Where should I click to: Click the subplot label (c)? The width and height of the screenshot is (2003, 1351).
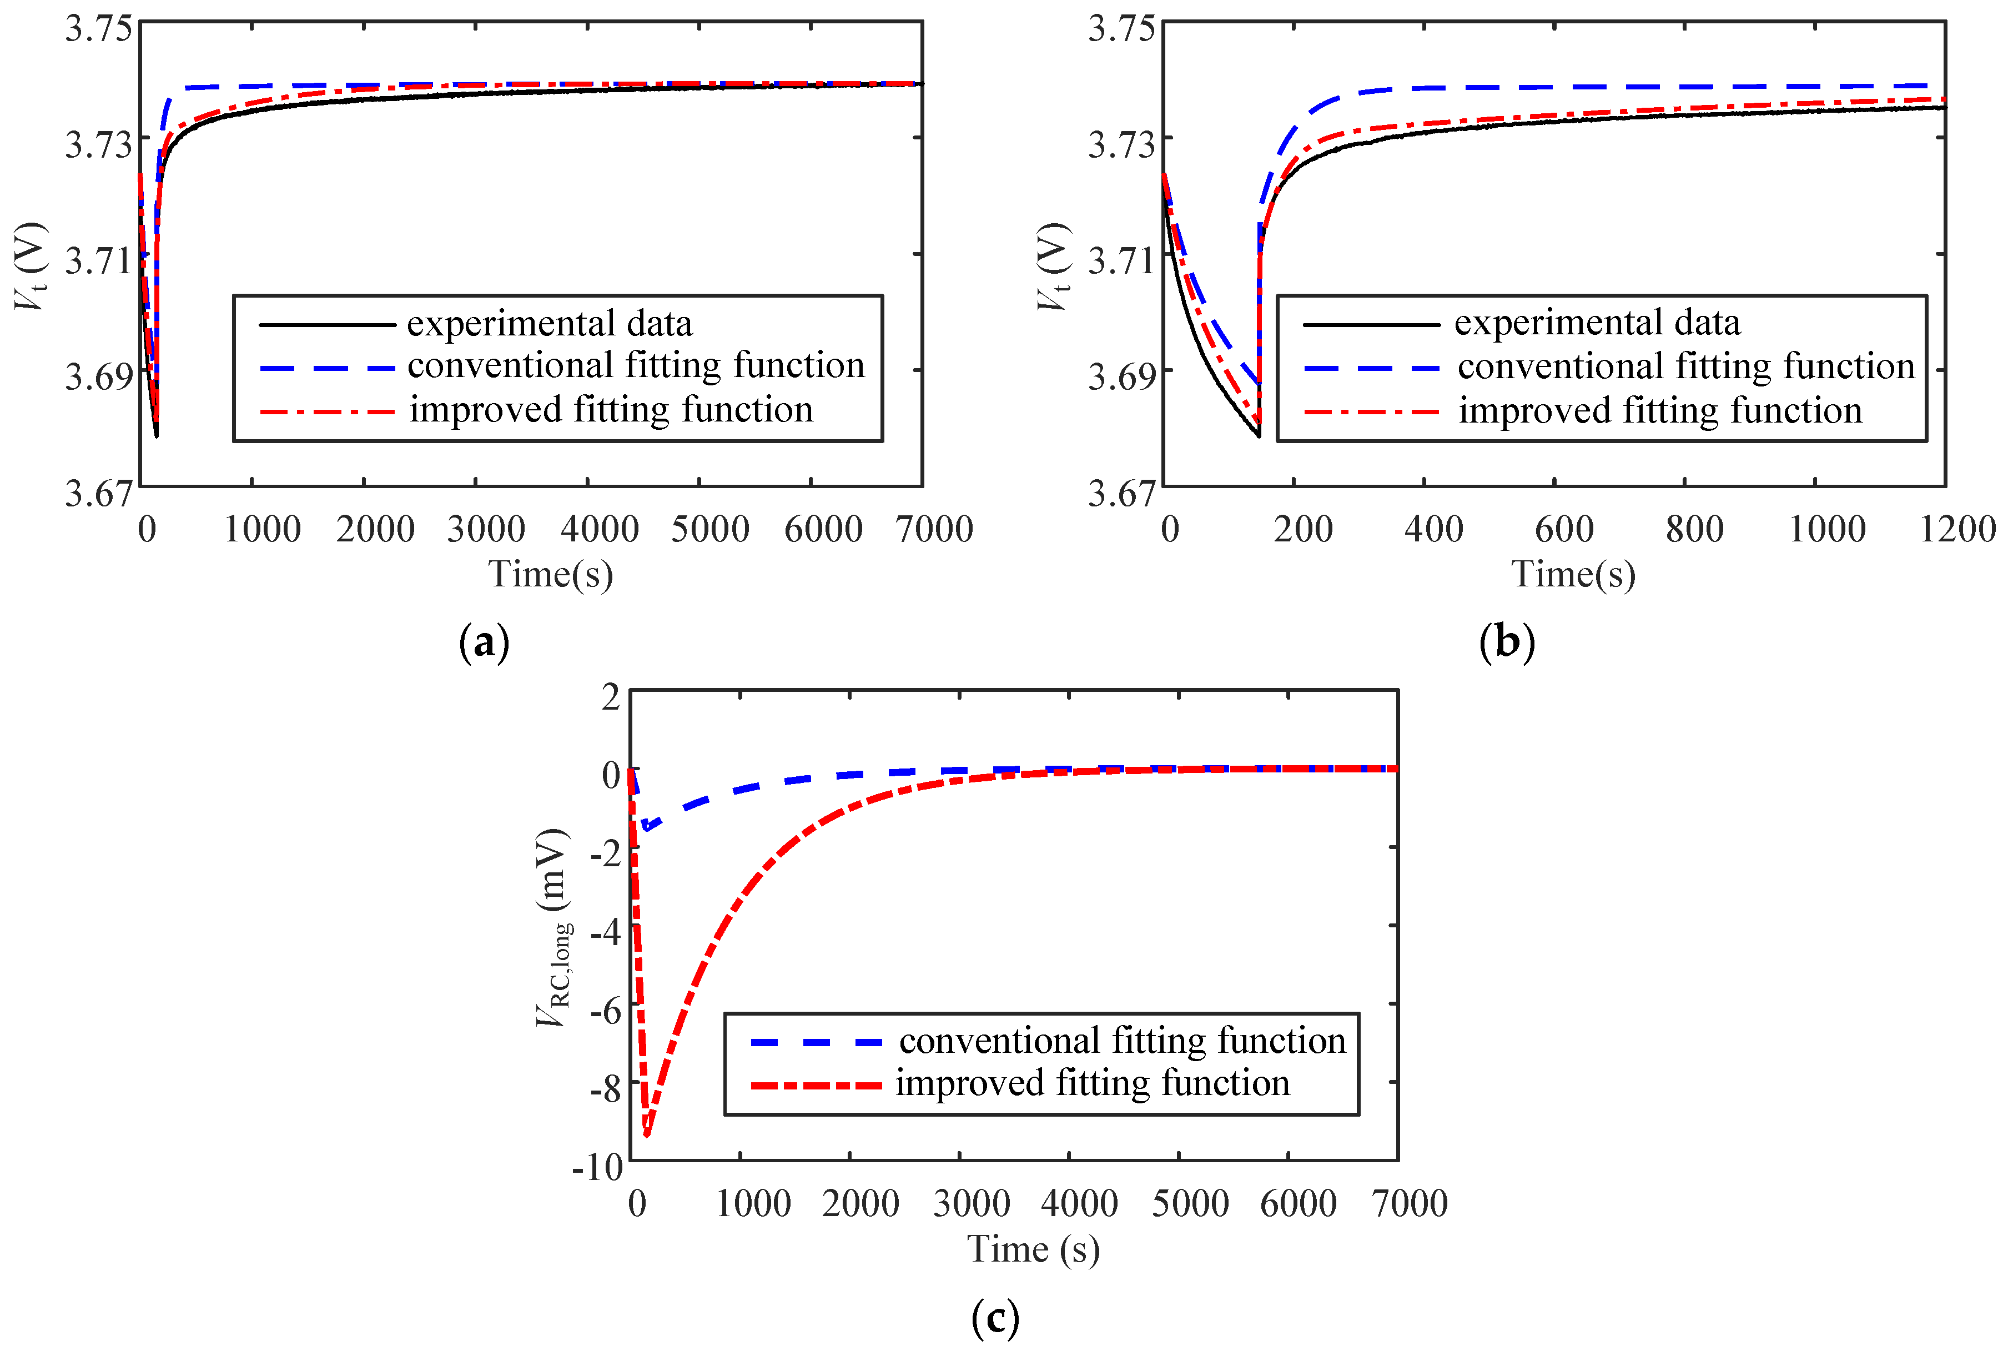click(994, 1317)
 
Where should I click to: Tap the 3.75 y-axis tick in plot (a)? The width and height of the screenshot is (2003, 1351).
click(99, 28)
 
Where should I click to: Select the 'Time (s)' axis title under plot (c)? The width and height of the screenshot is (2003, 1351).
click(1033, 1249)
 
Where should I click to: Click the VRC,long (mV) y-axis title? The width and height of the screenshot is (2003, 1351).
click(553, 927)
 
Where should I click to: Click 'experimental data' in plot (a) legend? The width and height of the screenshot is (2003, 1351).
click(549, 324)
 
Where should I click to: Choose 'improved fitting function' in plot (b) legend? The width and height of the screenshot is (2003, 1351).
click(1659, 411)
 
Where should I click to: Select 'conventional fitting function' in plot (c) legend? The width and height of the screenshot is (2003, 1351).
click(1121, 1041)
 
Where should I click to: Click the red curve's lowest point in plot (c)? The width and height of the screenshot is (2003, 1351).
click(646, 1135)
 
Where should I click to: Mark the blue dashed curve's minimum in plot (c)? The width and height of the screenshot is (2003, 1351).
click(645, 828)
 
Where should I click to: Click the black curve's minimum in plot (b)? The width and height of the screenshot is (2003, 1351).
click(1259, 436)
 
